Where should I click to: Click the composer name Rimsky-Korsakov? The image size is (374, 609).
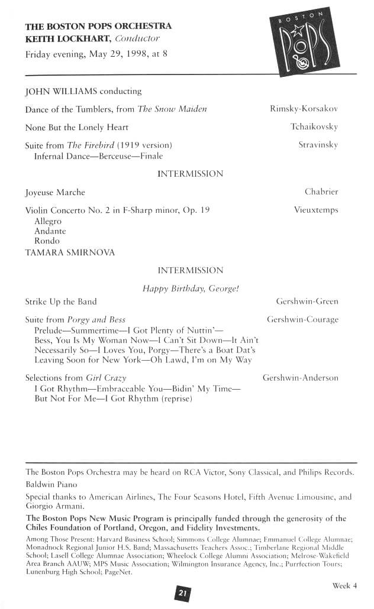pos(304,109)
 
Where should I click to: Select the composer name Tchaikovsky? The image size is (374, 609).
pos(314,127)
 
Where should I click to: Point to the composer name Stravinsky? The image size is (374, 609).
pos(318,145)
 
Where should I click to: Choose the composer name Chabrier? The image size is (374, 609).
pos(321,192)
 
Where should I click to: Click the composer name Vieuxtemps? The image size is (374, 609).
pos(316,210)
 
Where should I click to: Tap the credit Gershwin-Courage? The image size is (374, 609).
pos(302,320)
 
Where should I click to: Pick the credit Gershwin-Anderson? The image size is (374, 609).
pos(300,378)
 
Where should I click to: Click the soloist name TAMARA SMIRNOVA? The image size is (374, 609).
pos(62,252)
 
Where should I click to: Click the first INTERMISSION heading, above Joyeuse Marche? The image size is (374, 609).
pos(190,174)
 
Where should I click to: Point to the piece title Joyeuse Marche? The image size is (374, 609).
pos(55,192)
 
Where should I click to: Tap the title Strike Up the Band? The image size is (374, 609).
pos(61,302)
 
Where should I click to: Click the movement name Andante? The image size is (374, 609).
pos(50,231)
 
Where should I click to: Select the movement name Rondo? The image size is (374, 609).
pos(47,241)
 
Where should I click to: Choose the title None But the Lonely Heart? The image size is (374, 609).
pos(77,127)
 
